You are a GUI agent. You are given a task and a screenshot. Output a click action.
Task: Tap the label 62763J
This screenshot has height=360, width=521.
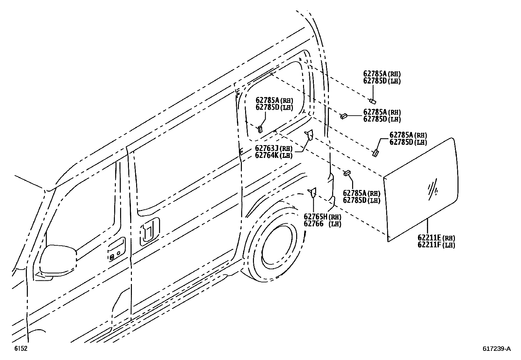(267, 148)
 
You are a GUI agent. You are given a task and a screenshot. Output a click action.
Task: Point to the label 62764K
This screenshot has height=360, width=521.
(267, 155)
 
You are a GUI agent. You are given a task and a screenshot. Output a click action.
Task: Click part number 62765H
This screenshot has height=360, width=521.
(315, 217)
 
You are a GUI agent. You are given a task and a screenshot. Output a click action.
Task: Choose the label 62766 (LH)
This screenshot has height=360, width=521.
(314, 224)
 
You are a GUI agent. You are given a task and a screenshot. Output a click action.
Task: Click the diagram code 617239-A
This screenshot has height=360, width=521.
(496, 349)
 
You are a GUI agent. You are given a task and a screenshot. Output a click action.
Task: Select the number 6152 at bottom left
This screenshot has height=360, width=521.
(20, 349)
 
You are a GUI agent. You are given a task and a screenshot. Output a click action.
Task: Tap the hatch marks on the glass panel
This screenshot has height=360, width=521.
(433, 190)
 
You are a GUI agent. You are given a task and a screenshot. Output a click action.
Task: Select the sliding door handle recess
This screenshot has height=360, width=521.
(150, 231)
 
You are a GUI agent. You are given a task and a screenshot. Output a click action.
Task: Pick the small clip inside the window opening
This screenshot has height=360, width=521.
(260, 129)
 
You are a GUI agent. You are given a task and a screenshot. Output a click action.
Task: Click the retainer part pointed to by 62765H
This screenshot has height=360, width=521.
(312, 193)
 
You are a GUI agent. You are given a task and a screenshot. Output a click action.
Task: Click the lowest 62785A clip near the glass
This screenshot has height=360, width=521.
(347, 173)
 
